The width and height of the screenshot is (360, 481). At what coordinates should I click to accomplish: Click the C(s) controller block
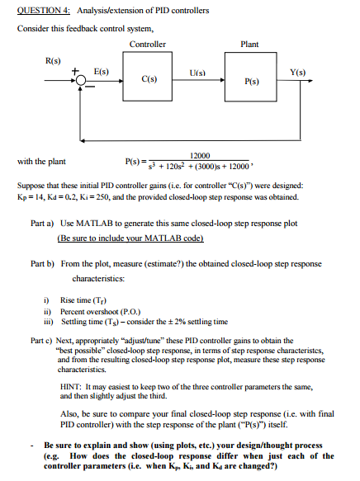click(150, 79)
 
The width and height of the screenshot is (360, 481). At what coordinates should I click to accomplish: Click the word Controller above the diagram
click(148, 44)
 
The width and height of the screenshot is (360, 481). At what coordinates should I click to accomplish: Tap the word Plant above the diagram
click(249, 44)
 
